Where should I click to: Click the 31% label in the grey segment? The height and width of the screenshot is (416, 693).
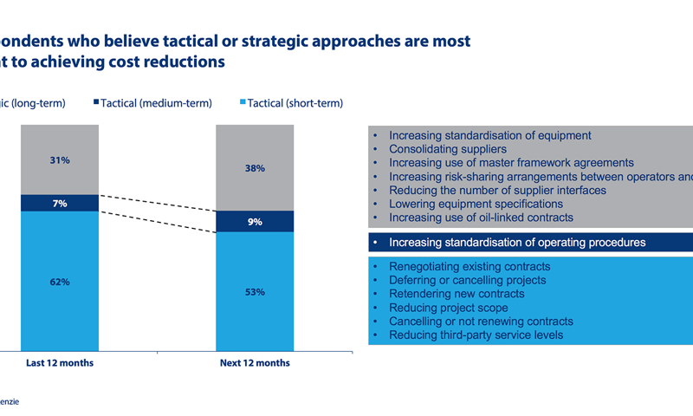tap(60, 160)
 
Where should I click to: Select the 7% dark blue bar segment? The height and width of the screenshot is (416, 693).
tap(60, 203)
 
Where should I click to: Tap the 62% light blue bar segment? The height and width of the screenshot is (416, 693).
tap(60, 282)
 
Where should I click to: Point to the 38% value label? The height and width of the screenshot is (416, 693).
tap(255, 168)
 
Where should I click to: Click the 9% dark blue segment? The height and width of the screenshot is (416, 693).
tap(255, 222)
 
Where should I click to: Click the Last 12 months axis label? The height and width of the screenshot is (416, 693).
tap(60, 362)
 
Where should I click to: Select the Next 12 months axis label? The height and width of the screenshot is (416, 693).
tap(255, 362)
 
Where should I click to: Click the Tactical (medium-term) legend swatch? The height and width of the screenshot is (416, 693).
tap(96, 103)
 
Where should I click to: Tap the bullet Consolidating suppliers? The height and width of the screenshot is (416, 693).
tap(436, 149)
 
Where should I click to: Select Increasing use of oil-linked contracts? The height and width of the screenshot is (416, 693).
tap(481, 218)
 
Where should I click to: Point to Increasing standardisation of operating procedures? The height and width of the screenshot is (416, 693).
tap(517, 243)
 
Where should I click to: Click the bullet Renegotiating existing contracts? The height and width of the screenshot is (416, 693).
tap(470, 267)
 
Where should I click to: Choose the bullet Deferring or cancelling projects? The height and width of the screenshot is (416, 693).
tap(468, 280)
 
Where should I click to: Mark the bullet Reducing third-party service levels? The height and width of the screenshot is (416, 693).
tap(476, 335)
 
